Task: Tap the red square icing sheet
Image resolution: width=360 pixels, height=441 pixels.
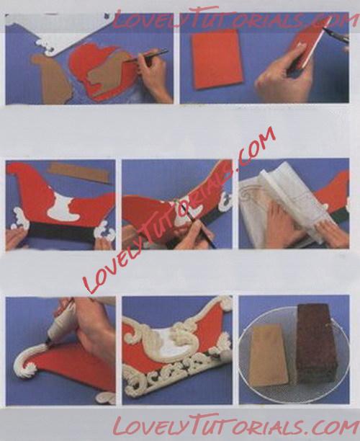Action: tap(216, 59)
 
